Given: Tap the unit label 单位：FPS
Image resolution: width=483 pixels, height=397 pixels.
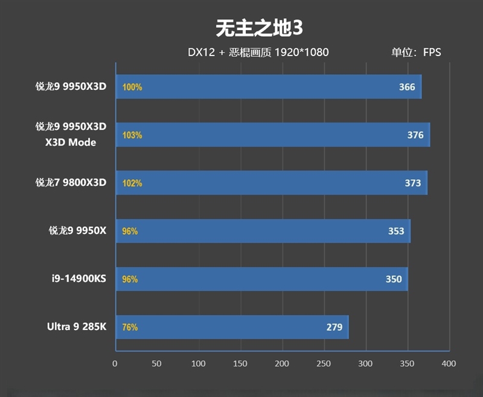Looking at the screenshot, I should pyautogui.click(x=416, y=52).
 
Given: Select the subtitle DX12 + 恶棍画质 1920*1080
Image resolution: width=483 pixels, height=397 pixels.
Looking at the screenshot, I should pyautogui.click(x=258, y=52).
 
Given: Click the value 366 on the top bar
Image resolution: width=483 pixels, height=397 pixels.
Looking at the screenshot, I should pyautogui.click(x=407, y=87).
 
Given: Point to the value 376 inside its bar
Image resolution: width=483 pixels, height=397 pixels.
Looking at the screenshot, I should pyautogui.click(x=415, y=135).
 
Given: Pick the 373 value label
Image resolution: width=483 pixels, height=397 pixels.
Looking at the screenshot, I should pyautogui.click(x=413, y=183).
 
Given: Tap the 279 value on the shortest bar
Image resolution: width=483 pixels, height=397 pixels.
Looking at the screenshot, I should pyautogui.click(x=334, y=328).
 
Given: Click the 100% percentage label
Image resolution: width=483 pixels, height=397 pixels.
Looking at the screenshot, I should pyautogui.click(x=132, y=87).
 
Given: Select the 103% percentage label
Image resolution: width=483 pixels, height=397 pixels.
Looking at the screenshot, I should pyautogui.click(x=132, y=135).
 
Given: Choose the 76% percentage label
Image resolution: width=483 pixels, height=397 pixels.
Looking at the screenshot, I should pyautogui.click(x=130, y=328).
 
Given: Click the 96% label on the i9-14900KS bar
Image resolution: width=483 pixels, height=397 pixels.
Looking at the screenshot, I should pyautogui.click(x=130, y=279).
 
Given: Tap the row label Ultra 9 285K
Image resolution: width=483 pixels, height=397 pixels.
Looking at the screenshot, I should pyautogui.click(x=77, y=327).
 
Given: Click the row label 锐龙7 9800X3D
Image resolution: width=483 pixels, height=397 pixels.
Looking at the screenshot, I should pyautogui.click(x=71, y=183).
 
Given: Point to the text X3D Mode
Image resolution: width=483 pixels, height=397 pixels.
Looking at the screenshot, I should pyautogui.click(x=71, y=143).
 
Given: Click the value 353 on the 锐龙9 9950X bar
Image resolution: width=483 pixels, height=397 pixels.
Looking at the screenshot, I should pyautogui.click(x=396, y=231).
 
